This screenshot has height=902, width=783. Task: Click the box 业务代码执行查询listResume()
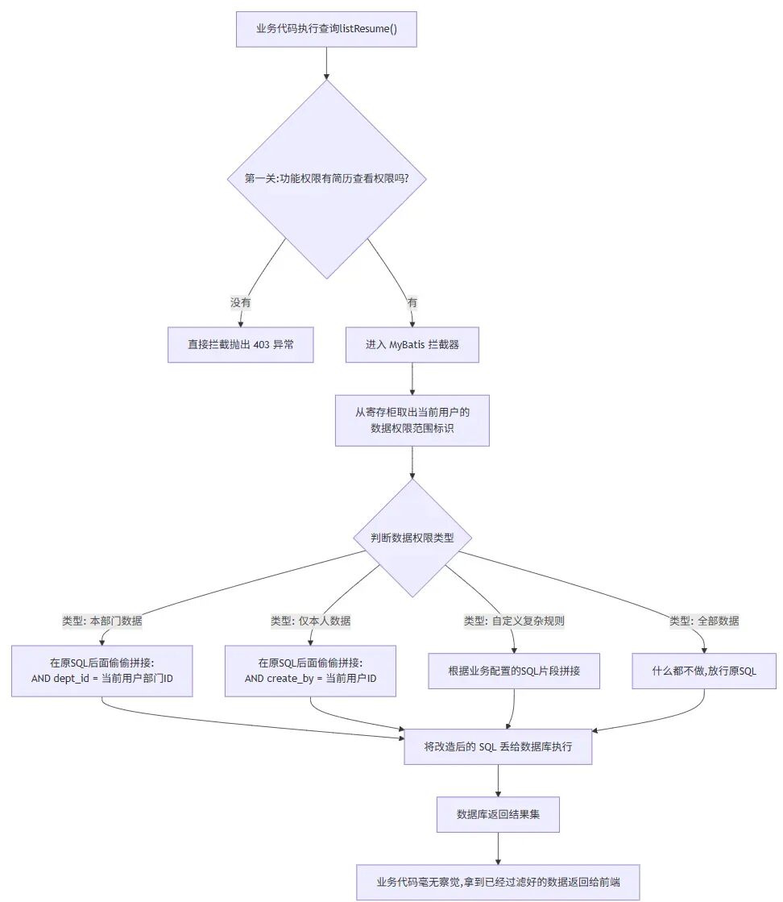326,29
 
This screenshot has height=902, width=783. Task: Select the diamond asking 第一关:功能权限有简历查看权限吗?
326,178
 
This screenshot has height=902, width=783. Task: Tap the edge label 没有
240,302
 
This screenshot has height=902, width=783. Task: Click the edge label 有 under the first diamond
412,302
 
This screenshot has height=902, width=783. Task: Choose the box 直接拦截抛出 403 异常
240,345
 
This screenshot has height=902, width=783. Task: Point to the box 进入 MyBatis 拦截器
412,345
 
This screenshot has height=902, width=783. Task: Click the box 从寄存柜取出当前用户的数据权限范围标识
412,420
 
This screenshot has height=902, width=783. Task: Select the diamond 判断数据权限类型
412,538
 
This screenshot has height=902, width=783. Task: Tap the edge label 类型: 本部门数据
102,621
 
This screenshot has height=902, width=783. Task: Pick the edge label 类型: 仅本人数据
311,621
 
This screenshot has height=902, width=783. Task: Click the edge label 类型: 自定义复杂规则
514,621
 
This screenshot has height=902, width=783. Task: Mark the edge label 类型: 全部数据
704,621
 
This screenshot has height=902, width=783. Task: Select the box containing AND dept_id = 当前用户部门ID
102,671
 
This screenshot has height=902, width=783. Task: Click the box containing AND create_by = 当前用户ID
311,671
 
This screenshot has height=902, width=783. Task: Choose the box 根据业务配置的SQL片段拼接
514,671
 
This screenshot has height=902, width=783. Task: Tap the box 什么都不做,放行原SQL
704,671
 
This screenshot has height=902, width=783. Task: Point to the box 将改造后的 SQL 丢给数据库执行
498,747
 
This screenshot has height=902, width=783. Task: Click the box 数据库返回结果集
498,815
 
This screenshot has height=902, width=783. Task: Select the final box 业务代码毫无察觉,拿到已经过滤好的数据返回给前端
499,883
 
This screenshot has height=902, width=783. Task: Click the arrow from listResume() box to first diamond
326,63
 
